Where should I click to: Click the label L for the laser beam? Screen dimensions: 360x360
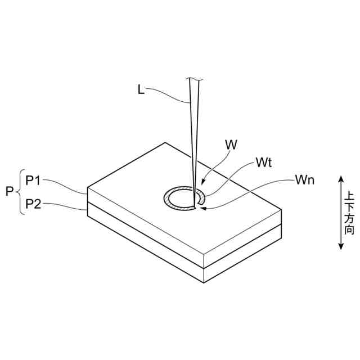point(141,89)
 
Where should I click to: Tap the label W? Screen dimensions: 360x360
point(231,144)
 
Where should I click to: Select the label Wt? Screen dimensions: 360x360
point(264,163)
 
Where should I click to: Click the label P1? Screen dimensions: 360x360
point(33,180)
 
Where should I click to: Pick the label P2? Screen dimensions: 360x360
point(33,204)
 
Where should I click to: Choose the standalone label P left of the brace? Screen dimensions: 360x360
point(10,192)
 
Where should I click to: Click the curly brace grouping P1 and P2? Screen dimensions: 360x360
point(20,192)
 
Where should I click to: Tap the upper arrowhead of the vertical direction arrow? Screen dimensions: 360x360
point(340,179)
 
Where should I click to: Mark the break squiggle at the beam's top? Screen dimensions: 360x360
point(193,79)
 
